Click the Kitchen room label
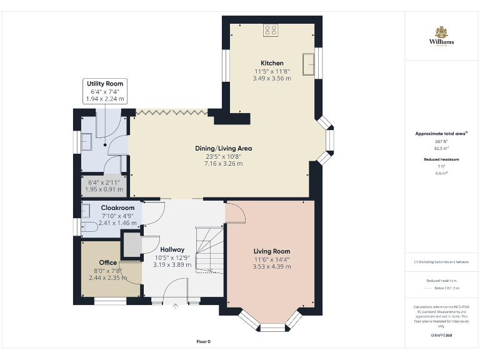coord(272,63)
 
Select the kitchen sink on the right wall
coord(309,64)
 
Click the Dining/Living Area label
coord(223,148)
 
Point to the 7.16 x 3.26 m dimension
coord(223,163)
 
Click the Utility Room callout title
coord(105,84)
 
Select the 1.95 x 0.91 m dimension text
coord(104,189)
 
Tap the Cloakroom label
coord(118,207)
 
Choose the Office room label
coord(107,262)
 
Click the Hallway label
coord(172,249)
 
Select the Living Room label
coord(272,251)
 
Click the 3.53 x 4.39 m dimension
coord(272,266)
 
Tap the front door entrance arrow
coord(176,306)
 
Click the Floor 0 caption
coord(204,342)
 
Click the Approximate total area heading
coord(441,134)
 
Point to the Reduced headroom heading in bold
coord(441,159)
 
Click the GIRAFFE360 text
coord(441,336)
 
